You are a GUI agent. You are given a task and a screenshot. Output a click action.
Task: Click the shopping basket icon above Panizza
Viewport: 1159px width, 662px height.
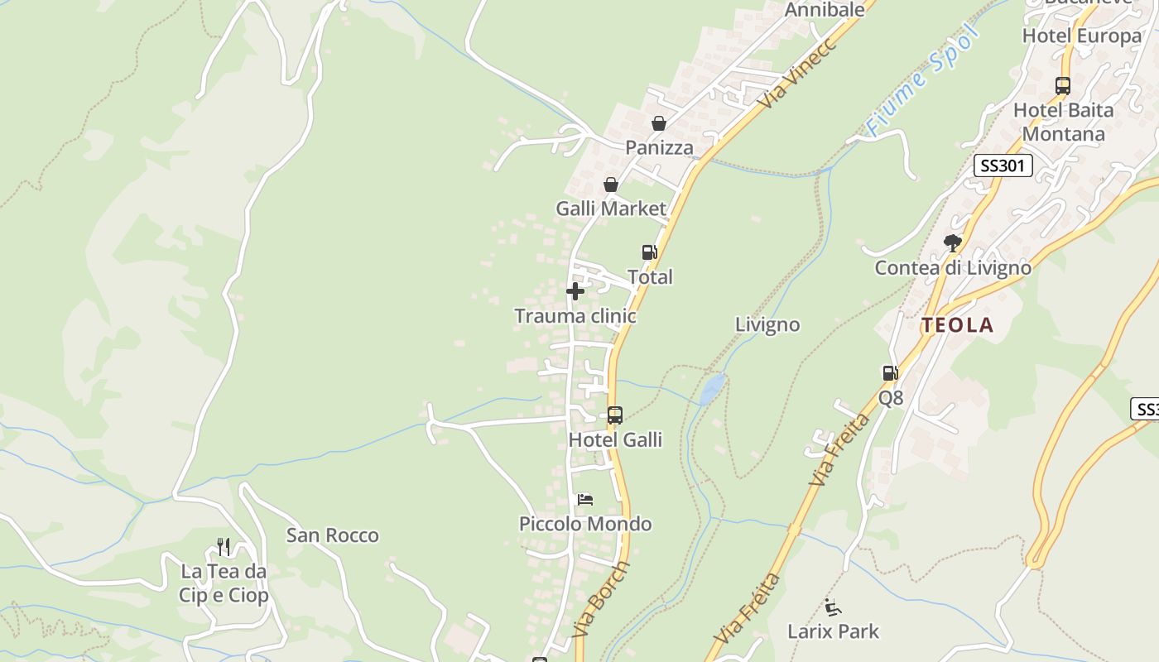click(x=659, y=124)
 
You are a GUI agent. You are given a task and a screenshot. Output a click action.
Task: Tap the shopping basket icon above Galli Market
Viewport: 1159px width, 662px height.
click(x=611, y=185)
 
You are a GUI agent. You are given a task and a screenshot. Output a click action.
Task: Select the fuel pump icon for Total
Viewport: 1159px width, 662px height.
click(x=650, y=252)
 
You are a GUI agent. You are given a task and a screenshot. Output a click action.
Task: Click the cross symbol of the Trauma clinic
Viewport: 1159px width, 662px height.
click(x=575, y=291)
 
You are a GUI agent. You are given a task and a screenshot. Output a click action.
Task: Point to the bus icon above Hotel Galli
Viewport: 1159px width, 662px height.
click(x=614, y=415)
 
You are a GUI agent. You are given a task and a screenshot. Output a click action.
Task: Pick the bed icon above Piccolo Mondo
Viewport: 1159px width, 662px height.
click(x=585, y=500)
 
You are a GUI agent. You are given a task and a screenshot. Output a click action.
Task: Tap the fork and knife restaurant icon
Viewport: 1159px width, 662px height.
click(x=224, y=547)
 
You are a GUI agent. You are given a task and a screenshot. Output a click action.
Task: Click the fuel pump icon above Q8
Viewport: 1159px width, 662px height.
click(x=891, y=373)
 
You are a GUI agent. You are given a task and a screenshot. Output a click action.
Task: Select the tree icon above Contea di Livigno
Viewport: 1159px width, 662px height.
click(x=953, y=243)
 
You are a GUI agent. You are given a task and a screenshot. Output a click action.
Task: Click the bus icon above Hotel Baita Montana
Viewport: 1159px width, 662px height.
click(x=1063, y=85)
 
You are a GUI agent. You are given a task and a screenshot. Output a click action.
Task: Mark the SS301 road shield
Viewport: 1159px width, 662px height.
click(x=1003, y=165)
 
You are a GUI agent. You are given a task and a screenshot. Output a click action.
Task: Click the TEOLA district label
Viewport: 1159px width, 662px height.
click(x=958, y=325)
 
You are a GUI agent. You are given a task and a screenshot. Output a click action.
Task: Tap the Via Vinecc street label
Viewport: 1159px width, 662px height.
click(x=799, y=73)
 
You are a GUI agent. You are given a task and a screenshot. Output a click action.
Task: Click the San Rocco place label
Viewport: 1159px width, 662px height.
click(x=333, y=535)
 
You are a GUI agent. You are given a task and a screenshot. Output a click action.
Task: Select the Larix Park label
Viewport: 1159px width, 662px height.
click(x=833, y=631)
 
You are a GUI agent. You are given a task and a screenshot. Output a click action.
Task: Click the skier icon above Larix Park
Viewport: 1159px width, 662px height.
click(x=834, y=607)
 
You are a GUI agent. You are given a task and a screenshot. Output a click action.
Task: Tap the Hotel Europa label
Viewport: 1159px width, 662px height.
click(x=1082, y=36)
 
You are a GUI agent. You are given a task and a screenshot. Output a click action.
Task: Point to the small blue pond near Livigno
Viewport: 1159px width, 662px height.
click(x=712, y=388)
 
